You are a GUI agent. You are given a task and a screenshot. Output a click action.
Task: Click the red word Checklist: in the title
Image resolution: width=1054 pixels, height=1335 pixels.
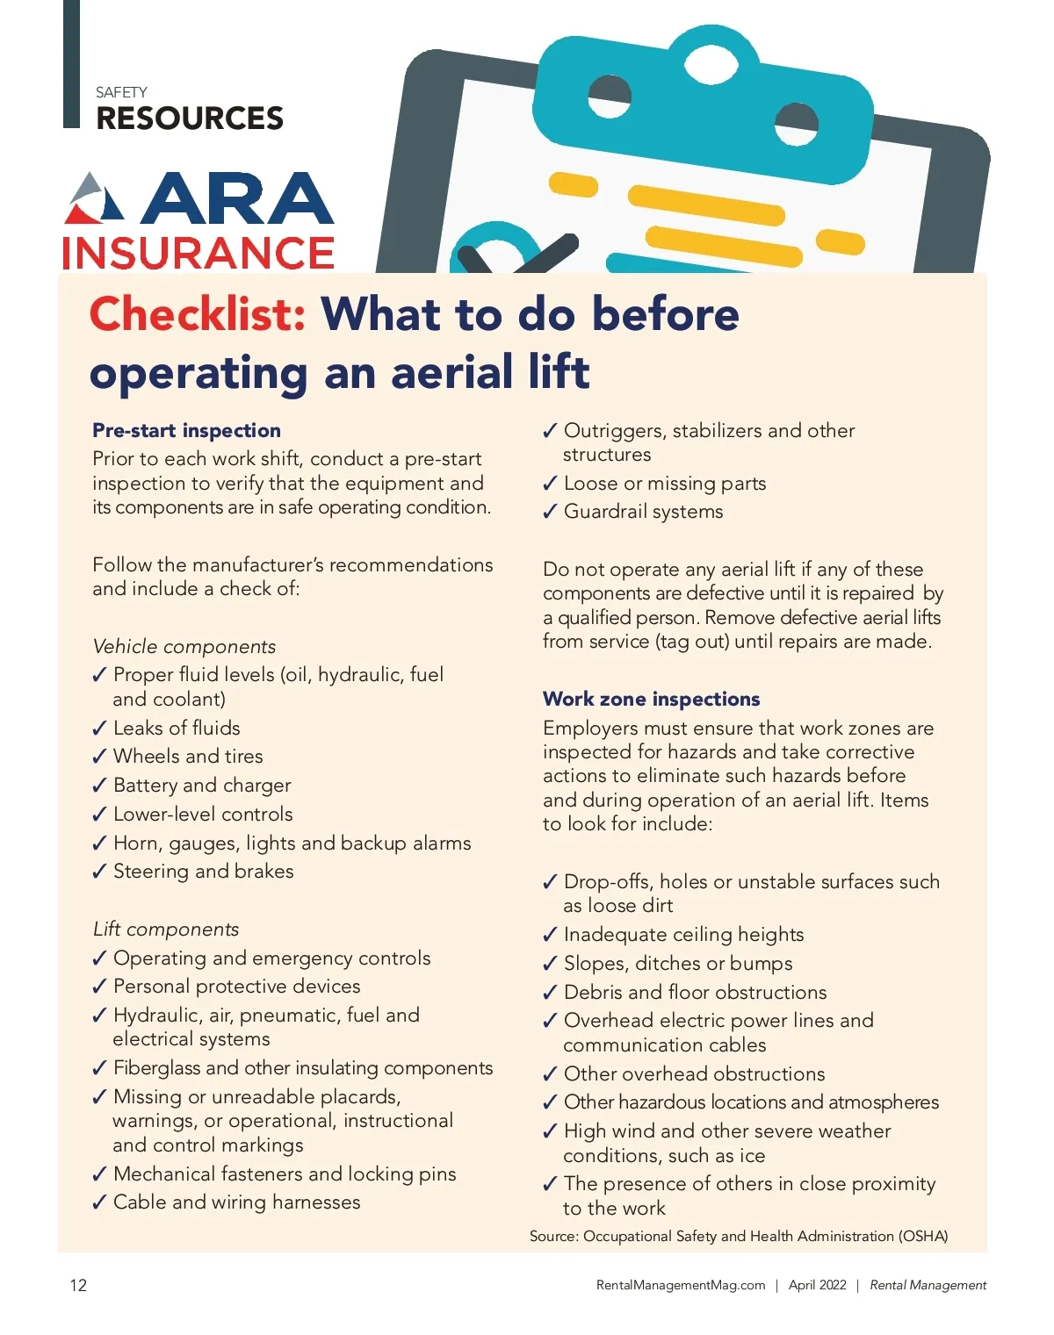pos(198,314)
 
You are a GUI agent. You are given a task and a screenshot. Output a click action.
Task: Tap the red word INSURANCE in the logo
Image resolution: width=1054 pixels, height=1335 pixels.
pos(199,254)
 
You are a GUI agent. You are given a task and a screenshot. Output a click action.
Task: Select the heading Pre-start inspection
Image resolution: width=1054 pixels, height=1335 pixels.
pos(186,431)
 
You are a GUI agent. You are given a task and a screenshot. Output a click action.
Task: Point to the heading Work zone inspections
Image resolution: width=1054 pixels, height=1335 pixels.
pos(651,700)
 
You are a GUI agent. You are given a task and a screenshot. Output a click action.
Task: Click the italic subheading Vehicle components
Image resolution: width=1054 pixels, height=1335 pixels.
pos(184,647)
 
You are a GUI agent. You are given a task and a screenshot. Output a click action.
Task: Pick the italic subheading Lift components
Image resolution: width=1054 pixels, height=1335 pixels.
pos(165,929)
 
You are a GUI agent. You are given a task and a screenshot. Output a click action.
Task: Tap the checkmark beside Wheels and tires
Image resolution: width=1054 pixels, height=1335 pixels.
pos(99,757)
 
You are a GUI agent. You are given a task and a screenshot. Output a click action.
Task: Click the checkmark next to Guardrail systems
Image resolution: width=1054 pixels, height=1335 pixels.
pos(550,513)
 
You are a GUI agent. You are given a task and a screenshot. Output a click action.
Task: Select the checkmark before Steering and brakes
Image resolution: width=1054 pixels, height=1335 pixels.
pos(99,872)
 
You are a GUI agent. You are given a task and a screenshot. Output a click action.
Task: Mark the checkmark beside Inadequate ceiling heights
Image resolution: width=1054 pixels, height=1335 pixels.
pos(550,936)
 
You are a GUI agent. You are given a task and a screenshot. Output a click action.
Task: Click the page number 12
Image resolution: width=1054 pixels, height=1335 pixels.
pos(78,1286)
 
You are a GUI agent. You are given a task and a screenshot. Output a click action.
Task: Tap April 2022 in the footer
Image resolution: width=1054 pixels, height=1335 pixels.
pos(817,1286)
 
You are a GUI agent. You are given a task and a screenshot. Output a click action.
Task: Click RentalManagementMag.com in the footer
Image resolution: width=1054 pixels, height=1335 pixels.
pos(681,1286)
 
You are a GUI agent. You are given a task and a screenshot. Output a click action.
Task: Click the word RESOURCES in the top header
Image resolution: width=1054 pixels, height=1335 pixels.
pos(190,118)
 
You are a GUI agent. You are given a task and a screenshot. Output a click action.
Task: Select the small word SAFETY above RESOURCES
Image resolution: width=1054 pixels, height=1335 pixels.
pos(121,92)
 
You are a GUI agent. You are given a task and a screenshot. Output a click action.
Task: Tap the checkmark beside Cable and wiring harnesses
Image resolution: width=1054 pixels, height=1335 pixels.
pos(99,1203)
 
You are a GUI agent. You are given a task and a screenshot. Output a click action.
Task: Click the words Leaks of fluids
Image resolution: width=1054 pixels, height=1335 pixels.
pos(177,729)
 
